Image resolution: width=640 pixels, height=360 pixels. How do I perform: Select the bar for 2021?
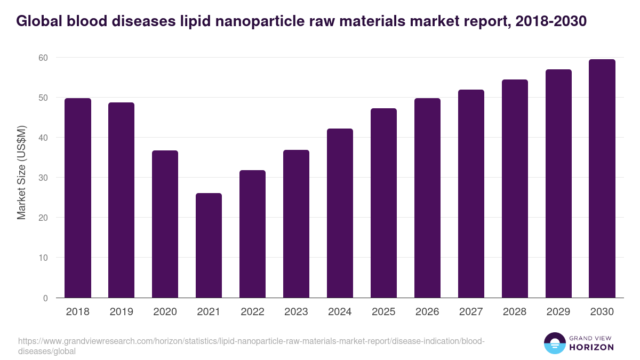click(x=209, y=245)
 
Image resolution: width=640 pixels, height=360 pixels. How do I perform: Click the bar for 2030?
click(x=602, y=179)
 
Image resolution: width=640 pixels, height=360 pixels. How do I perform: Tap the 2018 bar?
click(x=78, y=198)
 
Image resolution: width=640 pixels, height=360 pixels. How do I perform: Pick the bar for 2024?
click(x=340, y=213)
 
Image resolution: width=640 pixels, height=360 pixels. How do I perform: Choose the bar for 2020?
click(x=165, y=224)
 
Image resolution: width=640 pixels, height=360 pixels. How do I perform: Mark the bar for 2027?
click(x=471, y=194)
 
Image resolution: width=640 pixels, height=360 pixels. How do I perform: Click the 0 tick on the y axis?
click(x=45, y=298)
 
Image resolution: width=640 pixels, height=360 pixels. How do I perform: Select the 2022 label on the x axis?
click(x=252, y=312)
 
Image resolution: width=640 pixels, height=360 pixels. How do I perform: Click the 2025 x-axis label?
click(x=383, y=312)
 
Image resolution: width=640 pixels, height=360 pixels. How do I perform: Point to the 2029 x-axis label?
click(x=558, y=312)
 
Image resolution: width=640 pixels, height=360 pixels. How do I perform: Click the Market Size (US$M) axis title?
click(x=21, y=172)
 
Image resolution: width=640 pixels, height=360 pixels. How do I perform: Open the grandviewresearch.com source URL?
click(x=251, y=346)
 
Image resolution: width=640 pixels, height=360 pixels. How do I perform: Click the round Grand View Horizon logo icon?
click(x=554, y=343)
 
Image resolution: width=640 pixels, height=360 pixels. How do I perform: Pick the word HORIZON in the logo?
click(x=592, y=347)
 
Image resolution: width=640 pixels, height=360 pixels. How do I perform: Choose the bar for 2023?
click(x=296, y=224)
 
